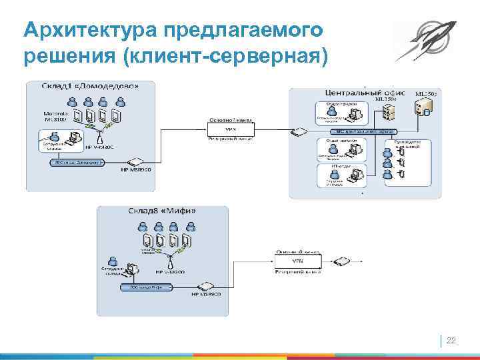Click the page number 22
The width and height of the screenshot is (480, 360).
click(451, 341)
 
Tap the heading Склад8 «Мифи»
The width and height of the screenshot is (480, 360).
click(162, 211)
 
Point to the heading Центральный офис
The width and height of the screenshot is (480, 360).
click(359, 91)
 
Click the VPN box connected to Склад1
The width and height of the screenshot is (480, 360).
click(230, 128)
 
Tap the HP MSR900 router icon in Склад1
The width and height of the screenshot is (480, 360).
click(135, 162)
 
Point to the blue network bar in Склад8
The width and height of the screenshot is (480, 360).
click(146, 287)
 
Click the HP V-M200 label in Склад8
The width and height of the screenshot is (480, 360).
click(171, 272)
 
